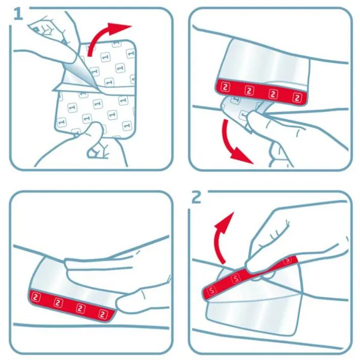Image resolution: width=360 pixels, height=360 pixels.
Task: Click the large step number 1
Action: coord(18,14)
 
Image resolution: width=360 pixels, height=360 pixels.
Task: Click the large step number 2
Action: coord(196,197)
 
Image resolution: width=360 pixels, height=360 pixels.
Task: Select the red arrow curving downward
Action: coord(234,142)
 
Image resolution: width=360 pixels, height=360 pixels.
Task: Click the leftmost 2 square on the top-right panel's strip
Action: coord(225,87)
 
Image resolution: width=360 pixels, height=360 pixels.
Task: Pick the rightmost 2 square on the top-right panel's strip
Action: coord(297,98)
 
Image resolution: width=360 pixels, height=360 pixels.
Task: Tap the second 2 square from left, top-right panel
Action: coord(249,91)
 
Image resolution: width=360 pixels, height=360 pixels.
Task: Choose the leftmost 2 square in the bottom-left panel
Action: coord(36,297)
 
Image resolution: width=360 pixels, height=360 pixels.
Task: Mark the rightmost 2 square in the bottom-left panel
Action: coord(103,314)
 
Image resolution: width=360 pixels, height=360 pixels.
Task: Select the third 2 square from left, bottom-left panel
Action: coord(80,308)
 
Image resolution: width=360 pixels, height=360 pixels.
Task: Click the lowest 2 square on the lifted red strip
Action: coord(212,290)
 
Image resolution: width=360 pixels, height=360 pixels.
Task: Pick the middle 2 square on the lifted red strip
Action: coord(235,279)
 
